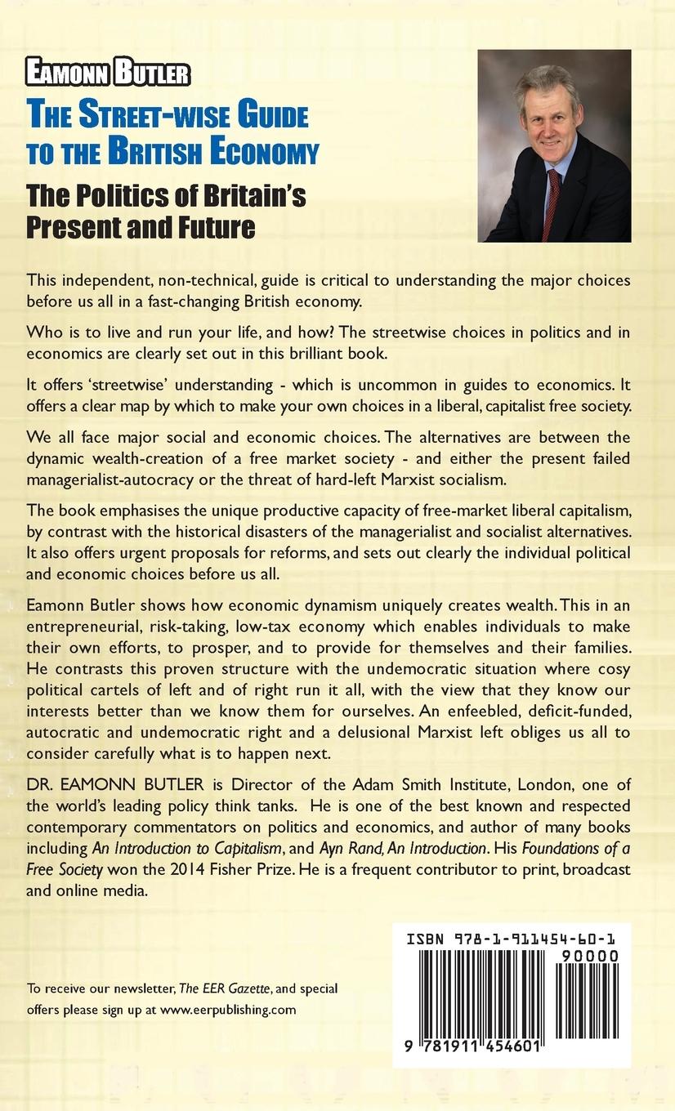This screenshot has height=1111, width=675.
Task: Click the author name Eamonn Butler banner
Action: pos(108,74)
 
